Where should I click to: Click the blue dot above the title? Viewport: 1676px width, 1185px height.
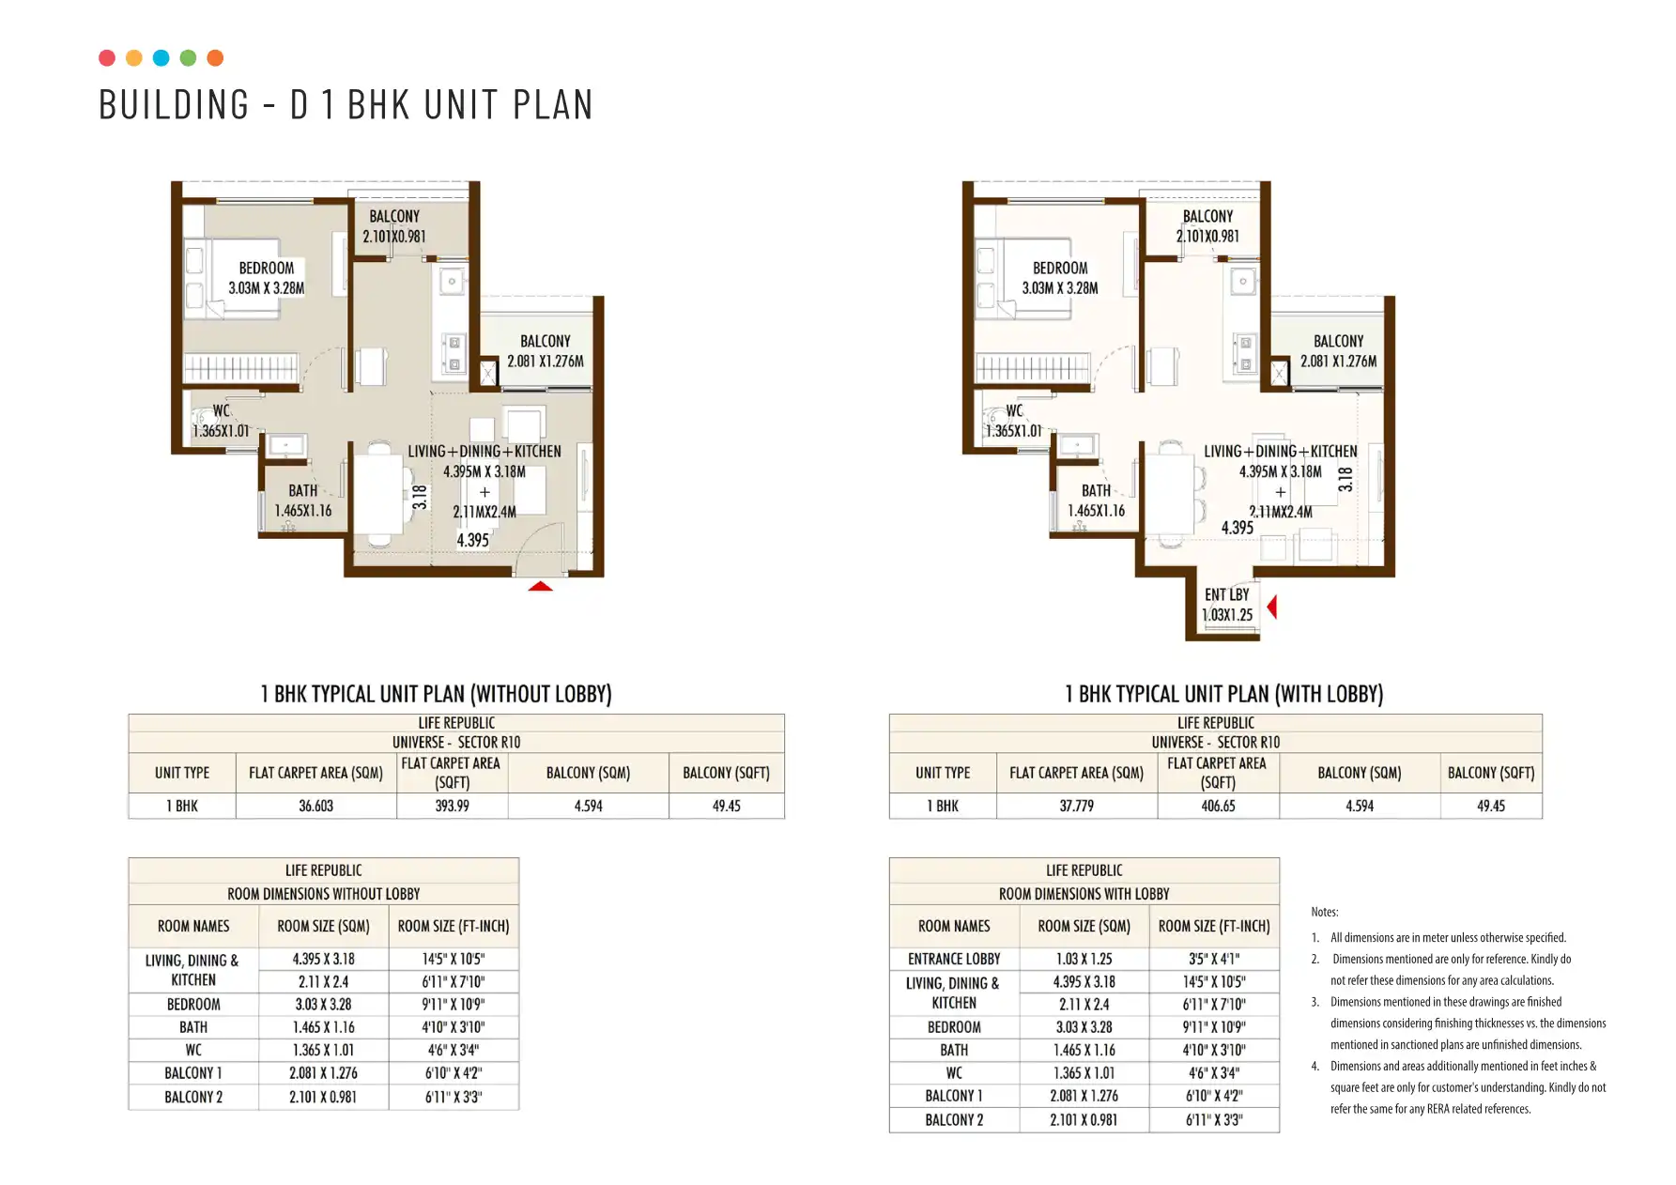pos(161,58)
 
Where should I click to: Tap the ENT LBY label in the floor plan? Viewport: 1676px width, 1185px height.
pos(1226,594)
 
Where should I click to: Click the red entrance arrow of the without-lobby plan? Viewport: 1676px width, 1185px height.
pos(540,586)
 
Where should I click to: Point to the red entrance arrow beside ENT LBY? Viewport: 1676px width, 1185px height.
pos(1272,608)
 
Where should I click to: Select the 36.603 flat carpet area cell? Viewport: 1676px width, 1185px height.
pos(316,806)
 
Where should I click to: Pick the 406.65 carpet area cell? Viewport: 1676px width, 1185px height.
pos(1218,806)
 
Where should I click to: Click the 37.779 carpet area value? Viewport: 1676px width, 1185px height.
pos(1076,806)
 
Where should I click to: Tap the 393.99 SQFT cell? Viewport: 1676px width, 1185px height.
pos(452,806)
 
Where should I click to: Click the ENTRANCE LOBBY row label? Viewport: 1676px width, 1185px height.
pos(954,959)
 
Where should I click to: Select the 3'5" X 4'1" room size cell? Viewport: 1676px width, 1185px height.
pos(1214,959)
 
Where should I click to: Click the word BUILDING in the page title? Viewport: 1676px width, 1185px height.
pos(175,104)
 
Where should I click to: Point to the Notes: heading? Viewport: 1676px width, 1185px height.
pos(1325,912)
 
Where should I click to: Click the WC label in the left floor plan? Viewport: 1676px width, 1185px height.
pos(221,410)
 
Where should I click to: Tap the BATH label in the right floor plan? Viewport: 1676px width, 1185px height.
pos(1096,490)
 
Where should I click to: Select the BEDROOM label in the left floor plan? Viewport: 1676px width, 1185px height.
pos(267,268)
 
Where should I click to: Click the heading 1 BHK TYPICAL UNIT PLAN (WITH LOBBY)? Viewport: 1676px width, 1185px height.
pos(1223,694)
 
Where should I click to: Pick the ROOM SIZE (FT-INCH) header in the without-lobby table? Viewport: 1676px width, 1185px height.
pos(454,926)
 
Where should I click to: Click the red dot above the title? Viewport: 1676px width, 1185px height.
pos(107,58)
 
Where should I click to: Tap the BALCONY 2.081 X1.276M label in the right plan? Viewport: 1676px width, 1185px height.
pos(1338,351)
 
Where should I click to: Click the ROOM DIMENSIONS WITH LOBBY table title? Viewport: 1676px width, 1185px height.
pos(1084,894)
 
